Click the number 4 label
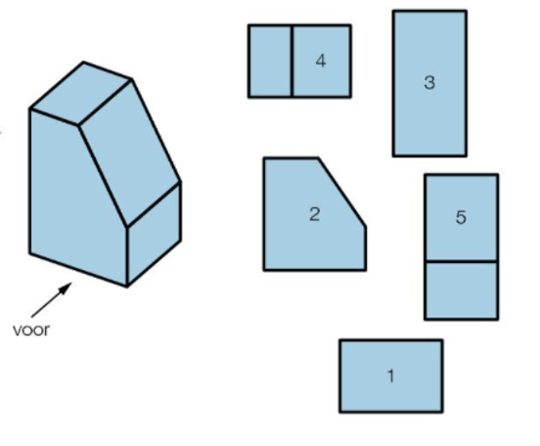pos(321,61)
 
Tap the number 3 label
pos(429,83)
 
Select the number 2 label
pos(314,214)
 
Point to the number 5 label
pos(461,217)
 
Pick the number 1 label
pos(390,376)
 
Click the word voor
pos(31,331)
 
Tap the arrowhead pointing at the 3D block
pos(67,288)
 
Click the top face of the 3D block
pos(81,93)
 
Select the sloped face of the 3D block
pos(130,153)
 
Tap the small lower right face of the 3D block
pos(154,234)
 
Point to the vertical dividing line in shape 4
pos(292,62)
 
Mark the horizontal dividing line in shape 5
pos(461,262)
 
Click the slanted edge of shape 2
pos(342,192)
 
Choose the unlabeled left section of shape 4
pos(270,62)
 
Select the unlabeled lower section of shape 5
pos(461,290)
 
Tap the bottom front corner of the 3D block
pos(127,286)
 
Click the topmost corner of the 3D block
pos(83,63)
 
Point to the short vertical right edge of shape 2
pos(365,248)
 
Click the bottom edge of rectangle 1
pos(391,411)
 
